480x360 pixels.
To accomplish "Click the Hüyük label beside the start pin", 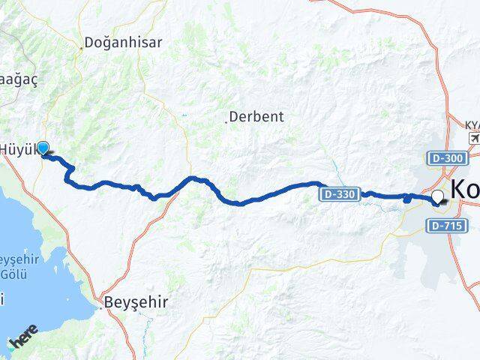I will [16, 148].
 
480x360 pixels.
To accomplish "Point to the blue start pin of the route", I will [43, 148].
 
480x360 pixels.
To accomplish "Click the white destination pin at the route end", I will [438, 198].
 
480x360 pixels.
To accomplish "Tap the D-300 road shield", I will [448, 158].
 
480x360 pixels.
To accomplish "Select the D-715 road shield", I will [448, 225].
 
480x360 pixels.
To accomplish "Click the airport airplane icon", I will [474, 139].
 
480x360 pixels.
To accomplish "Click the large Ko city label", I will [464, 189].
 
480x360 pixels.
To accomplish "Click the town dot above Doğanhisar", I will [82, 49].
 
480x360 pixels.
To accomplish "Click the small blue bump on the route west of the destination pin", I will [406, 198].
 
